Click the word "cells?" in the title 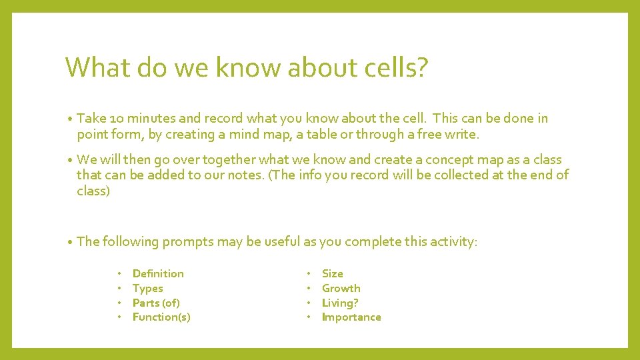397,67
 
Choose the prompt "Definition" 158,273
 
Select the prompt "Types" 147,288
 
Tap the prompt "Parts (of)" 156,303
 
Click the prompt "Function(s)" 161,317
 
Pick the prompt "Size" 332,273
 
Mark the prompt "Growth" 341,288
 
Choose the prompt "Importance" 351,317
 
